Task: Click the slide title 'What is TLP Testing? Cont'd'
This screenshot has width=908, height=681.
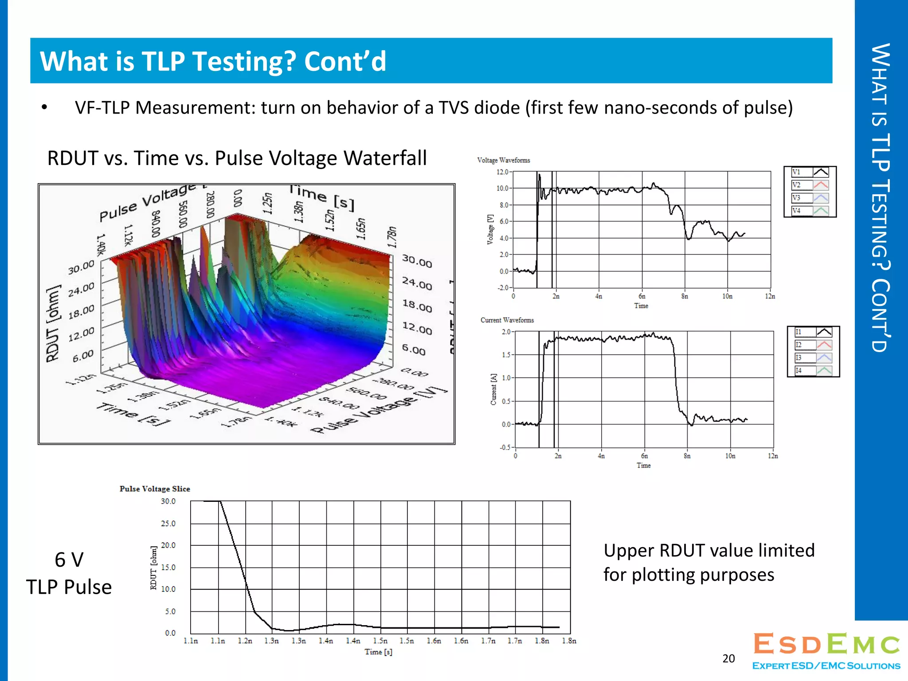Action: (x=213, y=61)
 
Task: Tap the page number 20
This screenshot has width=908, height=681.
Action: (x=728, y=658)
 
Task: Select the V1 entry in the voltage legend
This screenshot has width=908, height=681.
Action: (x=810, y=172)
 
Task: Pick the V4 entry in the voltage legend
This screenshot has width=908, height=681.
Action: (x=810, y=211)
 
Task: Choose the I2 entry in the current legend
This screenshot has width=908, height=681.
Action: (x=813, y=345)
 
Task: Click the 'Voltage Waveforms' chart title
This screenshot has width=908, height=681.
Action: (x=503, y=160)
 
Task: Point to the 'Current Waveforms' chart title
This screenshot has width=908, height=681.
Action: (x=507, y=320)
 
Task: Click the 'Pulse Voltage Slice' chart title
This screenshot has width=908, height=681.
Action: (x=155, y=489)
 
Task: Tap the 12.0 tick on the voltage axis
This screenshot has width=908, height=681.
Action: (x=502, y=172)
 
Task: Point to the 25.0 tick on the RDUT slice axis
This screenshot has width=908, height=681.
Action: (x=168, y=524)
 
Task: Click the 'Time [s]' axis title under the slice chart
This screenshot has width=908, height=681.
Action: (x=378, y=652)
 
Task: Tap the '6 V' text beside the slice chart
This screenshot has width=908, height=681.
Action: (x=69, y=560)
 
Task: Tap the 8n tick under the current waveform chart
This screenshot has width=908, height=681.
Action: (x=687, y=456)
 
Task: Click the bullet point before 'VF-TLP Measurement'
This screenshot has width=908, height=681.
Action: (x=44, y=107)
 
